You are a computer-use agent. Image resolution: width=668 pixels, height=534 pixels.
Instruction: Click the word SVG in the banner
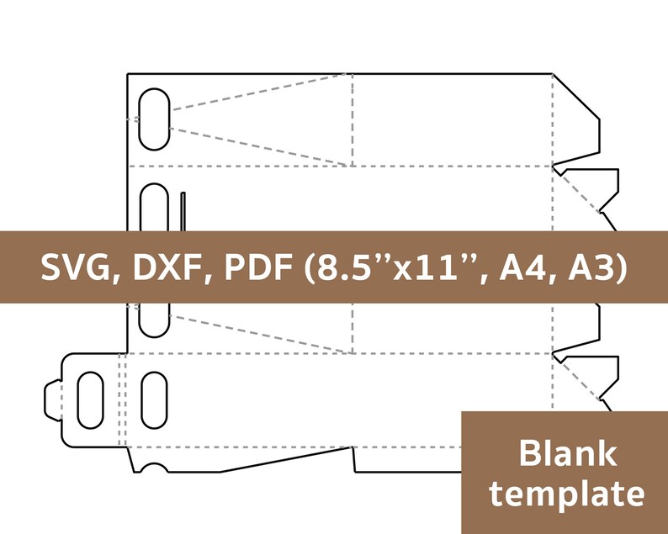click(x=75, y=267)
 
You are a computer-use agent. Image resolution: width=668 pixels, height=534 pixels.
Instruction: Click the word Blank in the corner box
click(x=567, y=454)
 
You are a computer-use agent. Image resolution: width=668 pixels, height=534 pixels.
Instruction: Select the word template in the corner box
click(x=567, y=494)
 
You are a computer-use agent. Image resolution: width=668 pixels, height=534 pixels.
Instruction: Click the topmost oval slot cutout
click(x=154, y=119)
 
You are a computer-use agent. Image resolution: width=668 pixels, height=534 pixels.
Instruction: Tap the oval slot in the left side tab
click(x=90, y=399)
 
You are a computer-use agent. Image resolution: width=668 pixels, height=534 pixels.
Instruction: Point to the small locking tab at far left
click(x=52, y=399)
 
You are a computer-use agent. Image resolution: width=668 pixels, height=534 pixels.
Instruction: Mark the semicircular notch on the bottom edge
click(x=154, y=468)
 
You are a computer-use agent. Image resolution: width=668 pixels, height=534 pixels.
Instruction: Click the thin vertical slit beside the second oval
click(x=183, y=212)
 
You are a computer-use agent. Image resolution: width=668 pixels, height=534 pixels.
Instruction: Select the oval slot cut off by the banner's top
click(x=154, y=208)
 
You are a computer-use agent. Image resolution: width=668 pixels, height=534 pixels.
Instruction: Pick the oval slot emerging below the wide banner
click(x=154, y=320)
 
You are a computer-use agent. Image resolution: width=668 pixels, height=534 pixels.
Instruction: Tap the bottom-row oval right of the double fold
click(x=154, y=399)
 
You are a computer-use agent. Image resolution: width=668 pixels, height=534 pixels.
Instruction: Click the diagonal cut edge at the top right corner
click(x=576, y=97)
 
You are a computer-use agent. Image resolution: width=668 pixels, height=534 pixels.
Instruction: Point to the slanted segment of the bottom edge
click(x=286, y=460)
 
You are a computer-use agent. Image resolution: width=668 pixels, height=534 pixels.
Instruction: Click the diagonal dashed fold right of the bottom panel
click(x=576, y=377)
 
